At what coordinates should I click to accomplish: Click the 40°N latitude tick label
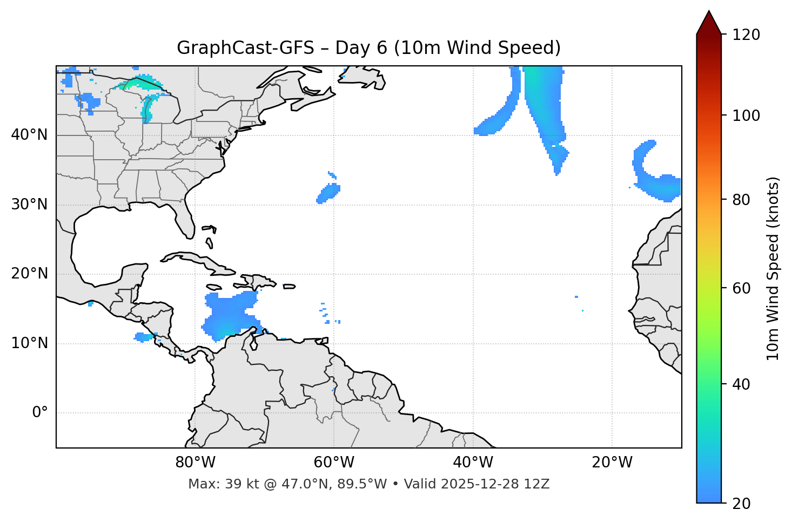pos(29,135)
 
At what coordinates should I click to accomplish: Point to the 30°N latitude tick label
pos(29,205)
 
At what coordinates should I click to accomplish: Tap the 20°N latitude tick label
pos(29,274)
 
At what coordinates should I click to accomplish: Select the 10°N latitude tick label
pos(29,343)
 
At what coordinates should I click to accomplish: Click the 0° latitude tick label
pos(40,413)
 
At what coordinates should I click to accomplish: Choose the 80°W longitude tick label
pos(195,463)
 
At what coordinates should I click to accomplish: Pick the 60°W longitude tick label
pos(334,463)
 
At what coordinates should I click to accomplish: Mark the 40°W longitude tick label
pos(473,463)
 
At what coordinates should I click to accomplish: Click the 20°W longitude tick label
pos(612,463)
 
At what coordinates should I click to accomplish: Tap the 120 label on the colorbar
pos(746,35)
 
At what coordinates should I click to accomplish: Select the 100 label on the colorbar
pos(746,116)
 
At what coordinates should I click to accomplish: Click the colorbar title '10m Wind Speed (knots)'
pos(773,268)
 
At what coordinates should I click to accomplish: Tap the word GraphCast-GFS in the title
pos(245,48)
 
